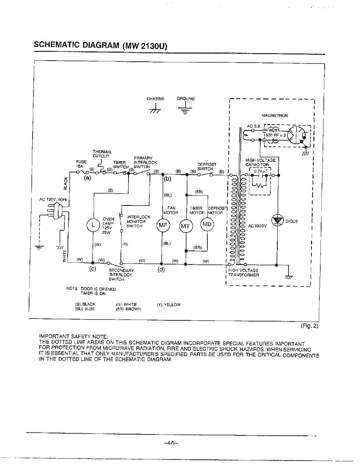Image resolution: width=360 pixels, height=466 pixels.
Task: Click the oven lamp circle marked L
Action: [x=93, y=224]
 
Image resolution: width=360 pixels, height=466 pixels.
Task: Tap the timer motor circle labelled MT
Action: [x=186, y=226]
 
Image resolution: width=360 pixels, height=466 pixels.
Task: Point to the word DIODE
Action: [x=291, y=221]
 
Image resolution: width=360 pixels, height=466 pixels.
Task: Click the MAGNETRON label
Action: [x=275, y=115]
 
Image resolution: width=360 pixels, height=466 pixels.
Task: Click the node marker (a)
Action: [x=87, y=178]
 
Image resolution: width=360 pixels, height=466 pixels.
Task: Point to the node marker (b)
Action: [x=168, y=179]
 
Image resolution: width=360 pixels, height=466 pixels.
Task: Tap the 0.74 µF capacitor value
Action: [x=260, y=170]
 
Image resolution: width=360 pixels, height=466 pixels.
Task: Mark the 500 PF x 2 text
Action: [x=275, y=135]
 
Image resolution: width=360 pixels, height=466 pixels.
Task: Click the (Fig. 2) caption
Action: [x=310, y=326]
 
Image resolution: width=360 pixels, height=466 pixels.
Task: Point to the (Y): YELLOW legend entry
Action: [x=169, y=304]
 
